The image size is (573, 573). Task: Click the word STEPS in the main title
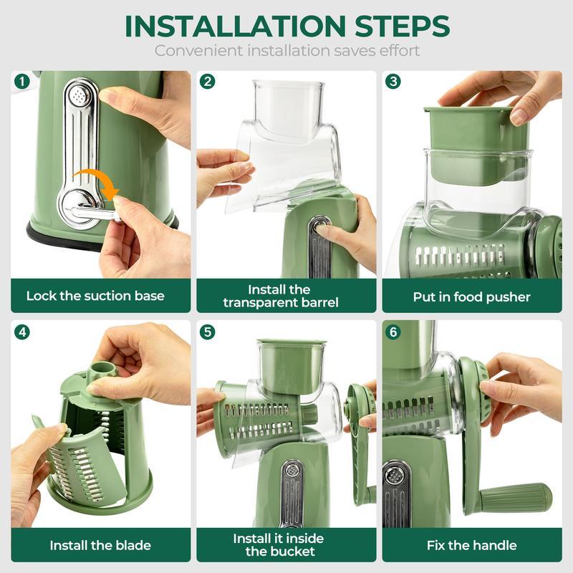pyautogui.click(x=390, y=26)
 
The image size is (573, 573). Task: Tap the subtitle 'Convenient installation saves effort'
pyautogui.click(x=286, y=51)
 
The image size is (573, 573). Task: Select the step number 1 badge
pyautogui.click(x=20, y=81)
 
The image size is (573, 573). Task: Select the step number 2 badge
pyautogui.click(x=207, y=81)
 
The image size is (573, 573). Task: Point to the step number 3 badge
pyautogui.click(x=393, y=81)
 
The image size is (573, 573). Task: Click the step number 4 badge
pyautogui.click(x=21, y=332)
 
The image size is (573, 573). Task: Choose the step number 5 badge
pyautogui.click(x=207, y=332)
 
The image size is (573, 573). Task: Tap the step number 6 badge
pyautogui.click(x=393, y=332)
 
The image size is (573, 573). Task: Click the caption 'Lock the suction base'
pyautogui.click(x=95, y=296)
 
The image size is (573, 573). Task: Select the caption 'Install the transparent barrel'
pyautogui.click(x=281, y=296)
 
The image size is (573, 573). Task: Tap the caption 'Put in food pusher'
pyautogui.click(x=471, y=296)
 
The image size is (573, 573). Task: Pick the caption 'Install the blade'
pyautogui.click(x=100, y=545)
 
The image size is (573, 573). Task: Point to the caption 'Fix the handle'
pyautogui.click(x=471, y=545)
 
